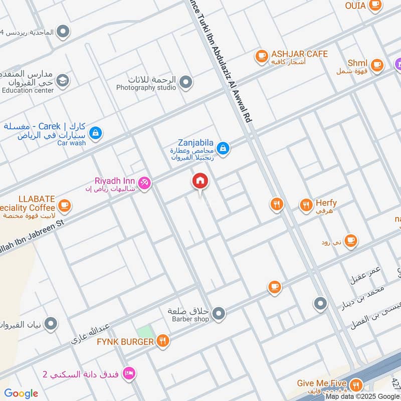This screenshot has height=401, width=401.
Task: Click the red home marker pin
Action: tap(200, 181)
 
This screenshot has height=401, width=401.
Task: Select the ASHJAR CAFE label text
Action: tap(299, 54)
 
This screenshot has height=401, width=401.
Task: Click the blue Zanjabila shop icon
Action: tap(224, 148)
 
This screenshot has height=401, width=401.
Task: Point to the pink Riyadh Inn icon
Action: tap(145, 184)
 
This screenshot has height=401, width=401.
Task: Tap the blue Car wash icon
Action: tap(95, 133)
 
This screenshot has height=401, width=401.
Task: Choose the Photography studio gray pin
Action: tap(186, 81)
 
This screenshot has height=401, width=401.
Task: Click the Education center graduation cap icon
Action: tap(63, 80)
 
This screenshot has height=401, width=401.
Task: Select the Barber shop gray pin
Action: tap(218, 314)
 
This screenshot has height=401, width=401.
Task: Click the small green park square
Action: tap(145, 332)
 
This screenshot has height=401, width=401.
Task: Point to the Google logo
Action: tap(21, 393)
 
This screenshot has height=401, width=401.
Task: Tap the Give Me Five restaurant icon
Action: tap(356, 384)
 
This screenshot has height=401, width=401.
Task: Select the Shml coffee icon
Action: tap(376, 64)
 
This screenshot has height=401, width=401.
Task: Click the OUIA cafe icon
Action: tap(374, 5)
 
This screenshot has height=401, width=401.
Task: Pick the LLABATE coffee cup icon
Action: tap(64, 205)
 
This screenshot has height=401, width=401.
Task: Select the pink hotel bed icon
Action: tap(129, 373)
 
